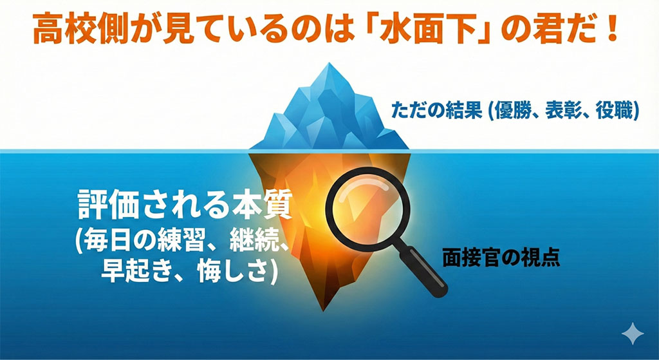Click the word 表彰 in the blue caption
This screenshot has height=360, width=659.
561,111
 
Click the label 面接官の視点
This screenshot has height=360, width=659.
501,258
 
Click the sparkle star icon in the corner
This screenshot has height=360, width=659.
633,334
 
